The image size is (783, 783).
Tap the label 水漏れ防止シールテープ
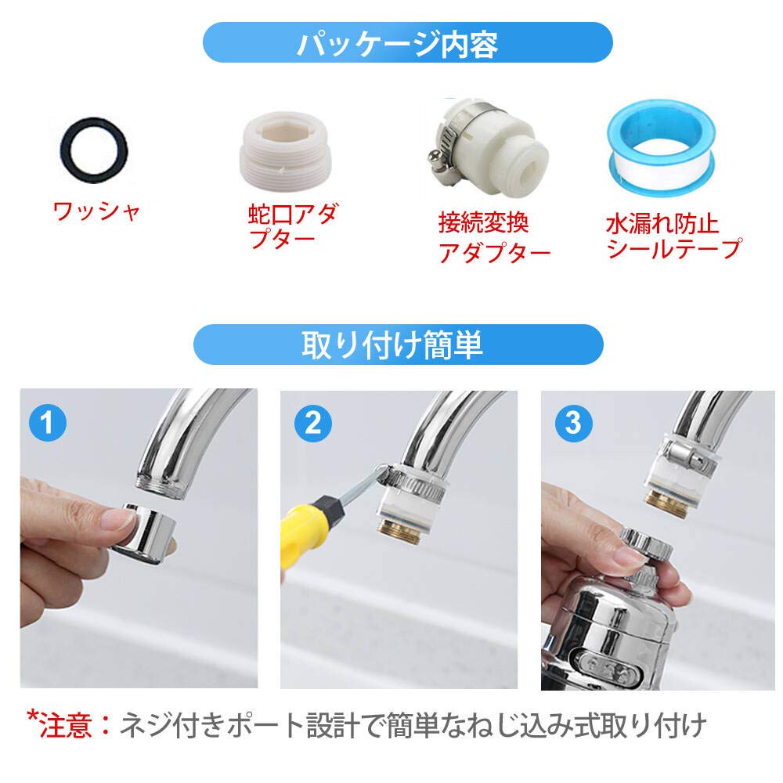(673, 237)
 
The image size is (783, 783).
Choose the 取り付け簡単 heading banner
(397, 345)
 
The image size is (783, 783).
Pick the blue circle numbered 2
(312, 423)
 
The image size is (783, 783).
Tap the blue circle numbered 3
(573, 423)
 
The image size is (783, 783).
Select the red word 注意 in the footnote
(76, 725)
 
